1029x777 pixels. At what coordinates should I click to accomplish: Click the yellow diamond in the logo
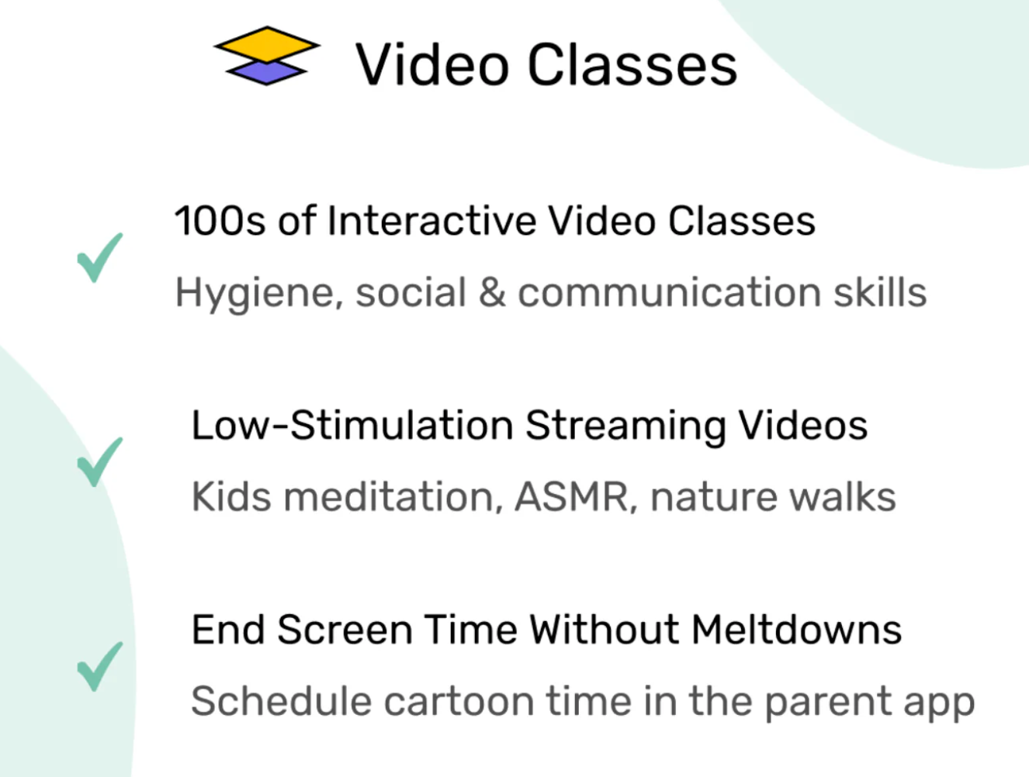pyautogui.click(x=267, y=45)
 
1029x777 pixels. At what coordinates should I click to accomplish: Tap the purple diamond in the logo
pyautogui.click(x=266, y=73)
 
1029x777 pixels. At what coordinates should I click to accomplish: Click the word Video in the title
pyautogui.click(x=431, y=64)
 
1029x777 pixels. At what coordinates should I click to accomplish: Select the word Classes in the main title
pyautogui.click(x=632, y=64)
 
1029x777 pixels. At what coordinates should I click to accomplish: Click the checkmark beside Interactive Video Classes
pyautogui.click(x=99, y=258)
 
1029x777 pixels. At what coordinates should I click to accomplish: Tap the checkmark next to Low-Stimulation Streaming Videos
pyautogui.click(x=99, y=462)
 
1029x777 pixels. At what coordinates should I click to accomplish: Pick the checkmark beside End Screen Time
pyautogui.click(x=99, y=666)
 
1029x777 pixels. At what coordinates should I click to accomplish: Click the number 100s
pyautogui.click(x=220, y=221)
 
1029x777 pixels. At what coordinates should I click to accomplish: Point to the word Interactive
pyautogui.click(x=431, y=220)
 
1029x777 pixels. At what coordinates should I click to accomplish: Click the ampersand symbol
pyautogui.click(x=492, y=292)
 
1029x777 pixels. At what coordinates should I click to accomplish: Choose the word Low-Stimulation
pyautogui.click(x=352, y=425)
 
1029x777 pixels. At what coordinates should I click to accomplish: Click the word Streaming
pyautogui.click(x=625, y=427)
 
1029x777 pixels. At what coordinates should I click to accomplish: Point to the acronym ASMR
pyautogui.click(x=571, y=496)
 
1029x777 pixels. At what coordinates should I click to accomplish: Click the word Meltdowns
pyautogui.click(x=797, y=630)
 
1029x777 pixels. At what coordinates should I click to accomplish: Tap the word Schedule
pyautogui.click(x=282, y=701)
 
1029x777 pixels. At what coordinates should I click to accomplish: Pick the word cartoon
pyautogui.click(x=459, y=702)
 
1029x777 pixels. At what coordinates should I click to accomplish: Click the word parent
pyautogui.click(x=828, y=703)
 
